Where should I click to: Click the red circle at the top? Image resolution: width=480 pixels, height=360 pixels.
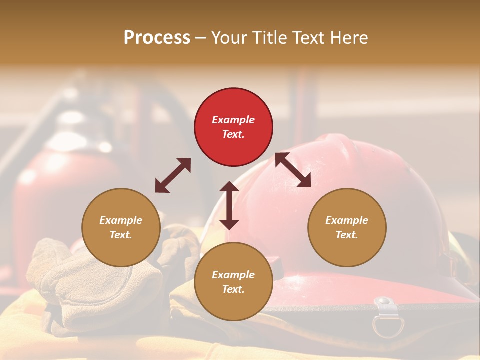tap(233, 127)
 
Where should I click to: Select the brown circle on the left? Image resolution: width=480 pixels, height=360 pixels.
tap(121, 228)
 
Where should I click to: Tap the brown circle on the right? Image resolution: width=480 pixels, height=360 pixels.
tap(347, 228)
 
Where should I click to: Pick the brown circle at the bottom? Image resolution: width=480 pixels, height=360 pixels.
tap(233, 282)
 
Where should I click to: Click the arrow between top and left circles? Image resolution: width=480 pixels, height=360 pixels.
tap(173, 175)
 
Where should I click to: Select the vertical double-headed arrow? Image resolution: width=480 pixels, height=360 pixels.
tap(229, 205)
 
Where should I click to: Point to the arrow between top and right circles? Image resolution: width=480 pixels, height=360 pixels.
tap(293, 170)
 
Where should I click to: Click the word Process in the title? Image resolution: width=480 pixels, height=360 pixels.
tap(157, 37)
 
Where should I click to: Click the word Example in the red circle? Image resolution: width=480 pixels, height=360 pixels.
tap(233, 120)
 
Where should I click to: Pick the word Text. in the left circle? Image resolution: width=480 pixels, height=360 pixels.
tap(121, 235)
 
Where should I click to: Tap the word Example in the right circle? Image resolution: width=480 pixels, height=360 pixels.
tap(347, 220)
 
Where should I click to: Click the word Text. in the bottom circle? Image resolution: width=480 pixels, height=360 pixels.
tap(233, 289)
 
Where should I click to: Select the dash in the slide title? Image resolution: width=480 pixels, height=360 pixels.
tap(200, 38)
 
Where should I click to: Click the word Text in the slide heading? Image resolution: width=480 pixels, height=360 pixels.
tap(310, 37)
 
